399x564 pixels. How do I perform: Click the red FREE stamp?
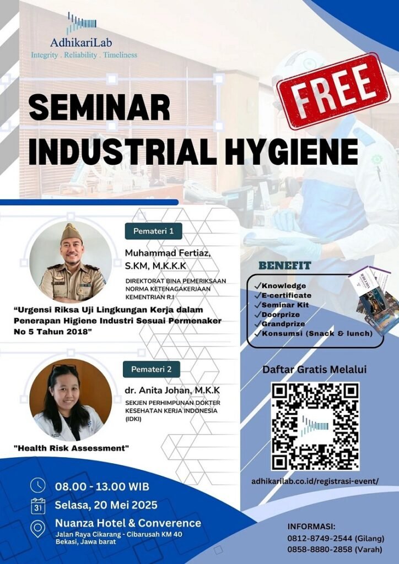coord(333,91)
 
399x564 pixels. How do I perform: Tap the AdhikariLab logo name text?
coord(81,43)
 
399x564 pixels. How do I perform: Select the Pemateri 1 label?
coord(153,231)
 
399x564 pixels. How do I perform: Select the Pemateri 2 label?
coord(152,369)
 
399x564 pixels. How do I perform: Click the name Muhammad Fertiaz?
coord(168,253)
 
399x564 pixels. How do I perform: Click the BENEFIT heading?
coord(284,266)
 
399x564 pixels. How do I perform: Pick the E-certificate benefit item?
coord(283,295)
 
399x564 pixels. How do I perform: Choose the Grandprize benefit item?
coord(279,324)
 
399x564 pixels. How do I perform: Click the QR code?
coord(315,426)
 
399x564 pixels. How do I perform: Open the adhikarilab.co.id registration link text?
coord(315,481)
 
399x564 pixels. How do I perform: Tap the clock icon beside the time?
coord(38,485)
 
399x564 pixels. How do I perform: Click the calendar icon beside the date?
coord(38,506)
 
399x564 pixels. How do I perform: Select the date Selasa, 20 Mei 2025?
coord(106,505)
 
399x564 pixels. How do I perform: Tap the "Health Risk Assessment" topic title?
coord(71,448)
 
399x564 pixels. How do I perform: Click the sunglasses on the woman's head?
coord(64,367)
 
